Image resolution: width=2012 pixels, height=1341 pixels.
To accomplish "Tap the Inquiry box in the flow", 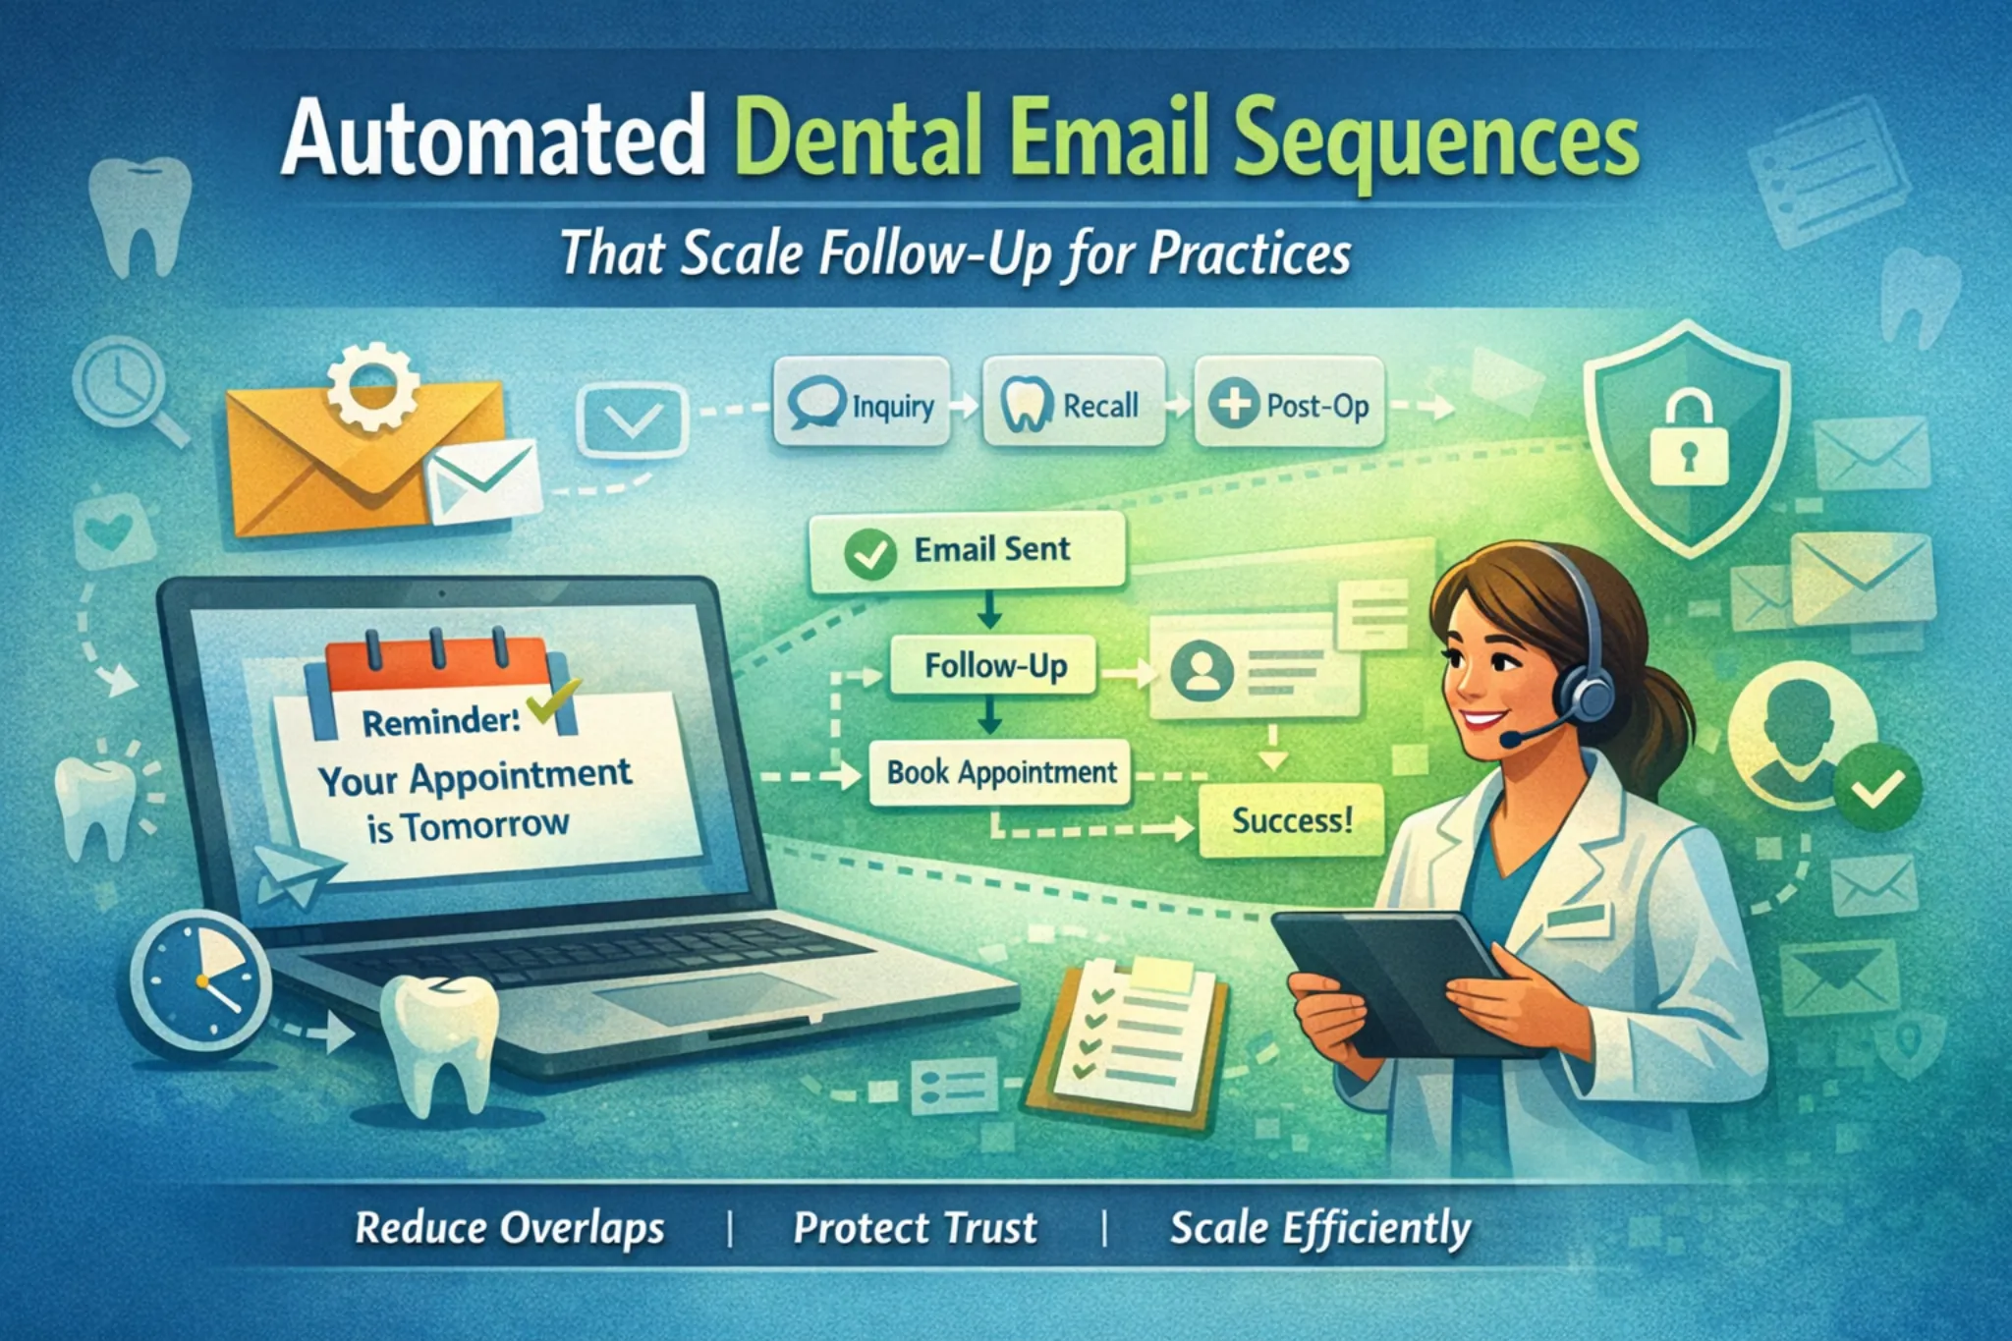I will (862, 404).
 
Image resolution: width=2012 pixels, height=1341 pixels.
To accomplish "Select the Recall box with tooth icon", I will (1073, 404).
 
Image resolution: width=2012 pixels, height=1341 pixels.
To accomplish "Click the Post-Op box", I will (1289, 404).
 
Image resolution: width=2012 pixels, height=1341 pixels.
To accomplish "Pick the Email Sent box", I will (967, 550).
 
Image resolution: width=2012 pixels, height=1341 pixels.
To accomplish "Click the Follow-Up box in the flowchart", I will (993, 666).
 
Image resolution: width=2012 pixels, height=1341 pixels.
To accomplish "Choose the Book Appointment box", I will (1000, 772).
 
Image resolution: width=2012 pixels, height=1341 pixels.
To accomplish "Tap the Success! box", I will (1291, 820).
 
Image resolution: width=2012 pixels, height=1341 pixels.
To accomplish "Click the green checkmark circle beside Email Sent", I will (869, 553).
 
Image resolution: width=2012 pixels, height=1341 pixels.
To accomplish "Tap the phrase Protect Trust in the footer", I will (915, 1228).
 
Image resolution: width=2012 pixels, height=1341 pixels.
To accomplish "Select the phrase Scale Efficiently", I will (1319, 1229).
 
